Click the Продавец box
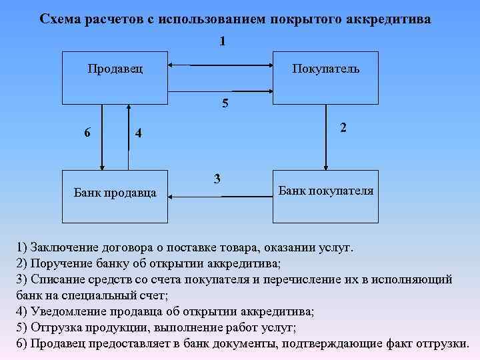115,76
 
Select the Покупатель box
325,76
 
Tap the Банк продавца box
115,196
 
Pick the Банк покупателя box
325,196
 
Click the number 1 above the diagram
222,41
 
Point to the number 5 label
225,103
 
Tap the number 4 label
138,133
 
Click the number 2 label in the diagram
342,127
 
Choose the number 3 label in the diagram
216,178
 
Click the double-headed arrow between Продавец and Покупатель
220,65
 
